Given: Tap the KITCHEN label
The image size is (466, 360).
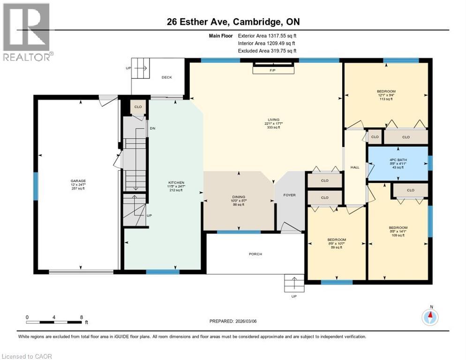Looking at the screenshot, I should (176, 183).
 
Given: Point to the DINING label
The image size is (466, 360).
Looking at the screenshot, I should (238, 197).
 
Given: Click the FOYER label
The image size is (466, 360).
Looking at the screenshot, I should (289, 195).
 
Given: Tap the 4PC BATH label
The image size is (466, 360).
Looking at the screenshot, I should (398, 160).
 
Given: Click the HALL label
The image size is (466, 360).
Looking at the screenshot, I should (354, 167).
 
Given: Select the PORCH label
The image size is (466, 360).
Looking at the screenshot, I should (256, 254).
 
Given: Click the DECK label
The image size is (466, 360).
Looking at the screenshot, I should (167, 77).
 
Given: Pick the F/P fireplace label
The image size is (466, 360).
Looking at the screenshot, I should (273, 70).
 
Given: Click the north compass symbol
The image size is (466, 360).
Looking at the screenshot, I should (430, 317).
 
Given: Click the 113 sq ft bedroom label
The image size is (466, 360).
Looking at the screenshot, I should (386, 91).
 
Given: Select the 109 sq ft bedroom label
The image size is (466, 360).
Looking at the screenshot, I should (398, 227).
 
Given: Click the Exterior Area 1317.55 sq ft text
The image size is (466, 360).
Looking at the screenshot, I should (267, 35).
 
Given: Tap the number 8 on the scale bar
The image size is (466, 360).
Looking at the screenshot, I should (82, 317).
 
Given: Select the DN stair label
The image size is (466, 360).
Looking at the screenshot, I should (152, 128).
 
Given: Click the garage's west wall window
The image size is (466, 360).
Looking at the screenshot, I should (35, 186).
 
